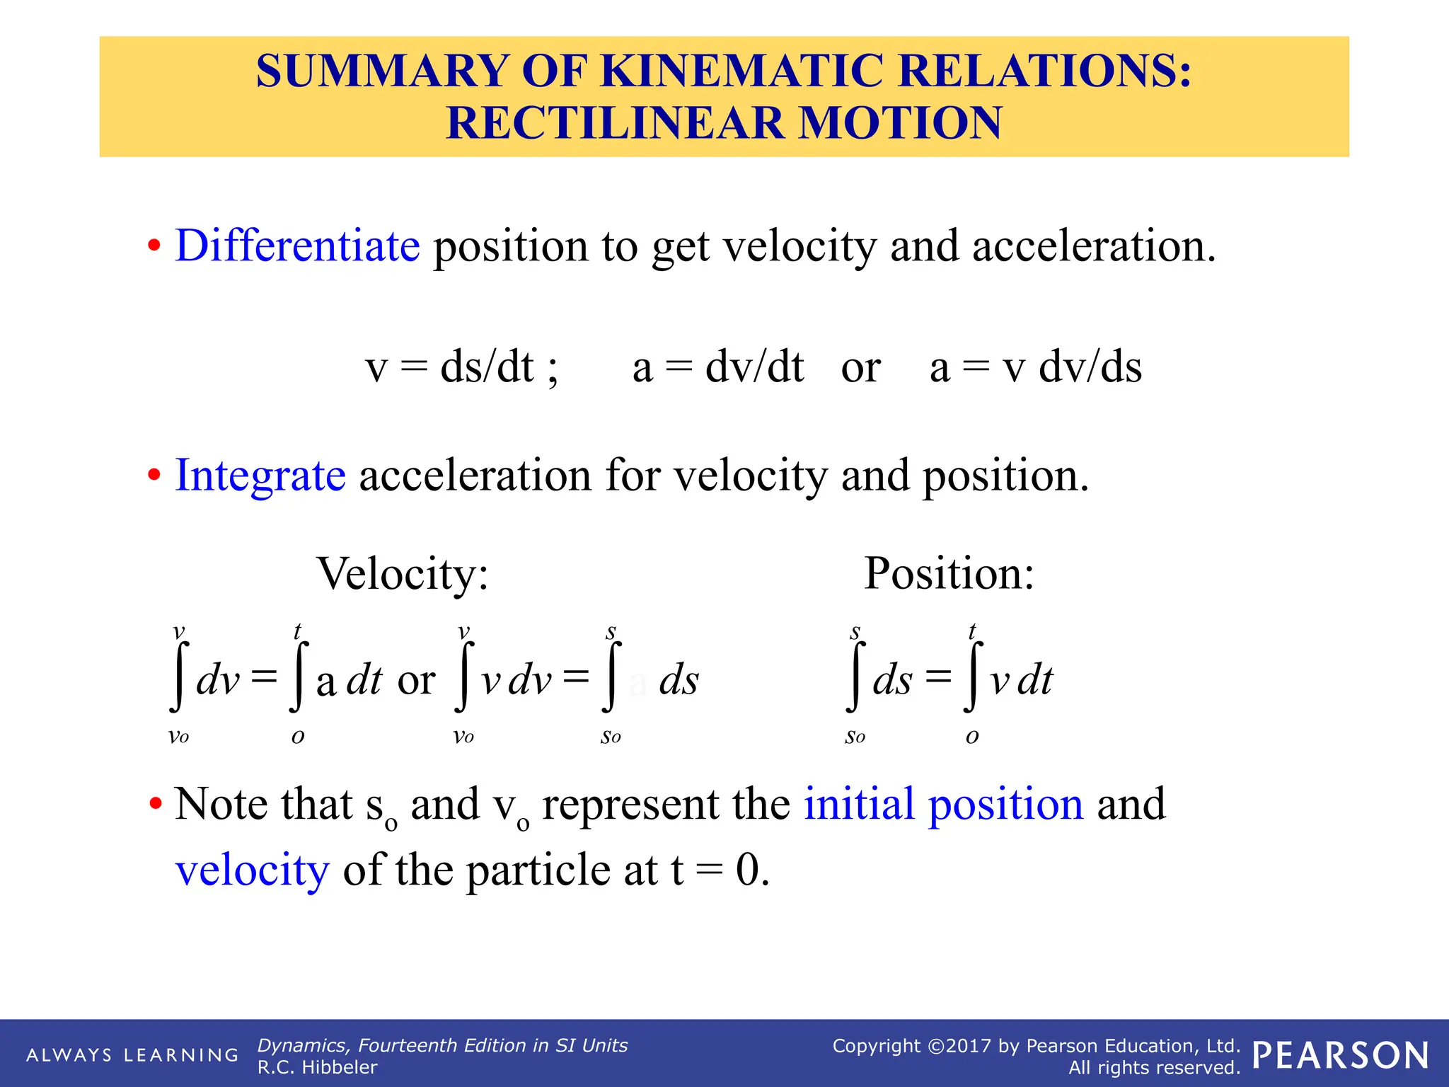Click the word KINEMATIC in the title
coord(741,71)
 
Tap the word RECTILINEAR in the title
coord(616,123)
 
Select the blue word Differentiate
coord(297,246)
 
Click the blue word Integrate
coord(260,475)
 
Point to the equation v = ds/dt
coord(461,368)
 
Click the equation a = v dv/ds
coord(1035,368)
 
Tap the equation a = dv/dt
coord(717,368)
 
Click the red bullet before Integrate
coord(154,476)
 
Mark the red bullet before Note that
coord(155,805)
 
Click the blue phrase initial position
coord(943,804)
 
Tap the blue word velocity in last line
coord(252,870)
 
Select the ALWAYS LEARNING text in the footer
coord(132,1055)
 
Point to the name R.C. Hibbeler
coord(317,1067)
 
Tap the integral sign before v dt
coord(972,678)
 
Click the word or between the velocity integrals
coord(416,681)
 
